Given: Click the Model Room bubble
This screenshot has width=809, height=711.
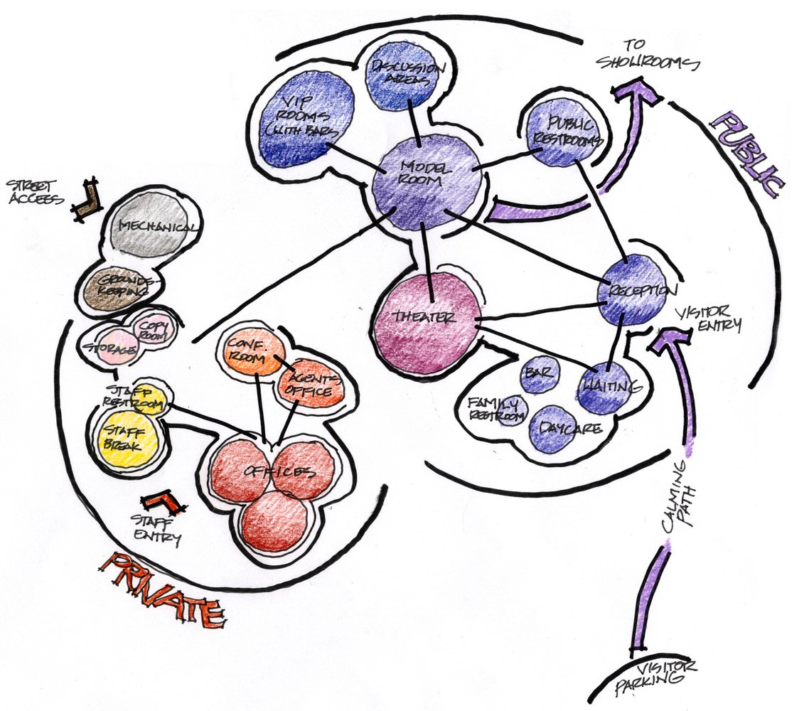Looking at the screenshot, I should click(x=427, y=181).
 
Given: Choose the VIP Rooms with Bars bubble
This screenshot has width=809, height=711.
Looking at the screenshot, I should click(x=301, y=120).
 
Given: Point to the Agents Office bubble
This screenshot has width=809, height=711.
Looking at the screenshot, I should click(x=311, y=384).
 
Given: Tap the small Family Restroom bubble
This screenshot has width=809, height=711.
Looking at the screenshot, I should click(x=510, y=410).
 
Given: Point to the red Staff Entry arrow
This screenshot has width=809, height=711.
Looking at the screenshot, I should click(x=164, y=504).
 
